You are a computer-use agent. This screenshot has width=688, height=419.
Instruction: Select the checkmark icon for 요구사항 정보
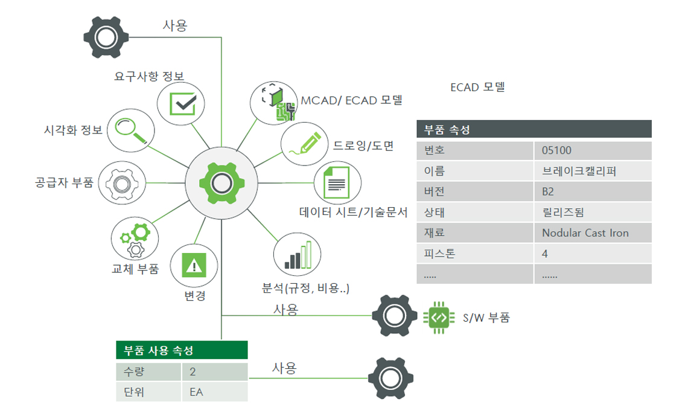(182, 103)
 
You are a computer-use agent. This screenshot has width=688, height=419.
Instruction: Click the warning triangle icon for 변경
(194, 265)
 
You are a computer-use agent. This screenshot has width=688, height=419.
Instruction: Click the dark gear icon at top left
(106, 37)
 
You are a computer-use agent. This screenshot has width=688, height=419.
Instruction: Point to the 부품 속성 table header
(534, 129)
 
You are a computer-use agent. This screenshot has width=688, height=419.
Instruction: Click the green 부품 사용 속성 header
(182, 350)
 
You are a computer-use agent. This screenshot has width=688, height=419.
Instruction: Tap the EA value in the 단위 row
(215, 392)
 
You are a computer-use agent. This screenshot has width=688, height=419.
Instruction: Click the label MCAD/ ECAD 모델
(351, 100)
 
